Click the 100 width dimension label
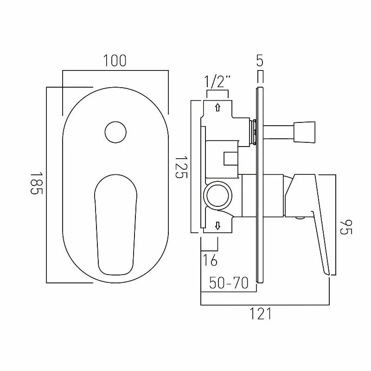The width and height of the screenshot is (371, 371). [x=115, y=61]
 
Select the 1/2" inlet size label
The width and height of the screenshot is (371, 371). [x=217, y=83]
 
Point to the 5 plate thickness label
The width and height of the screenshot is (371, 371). [x=260, y=61]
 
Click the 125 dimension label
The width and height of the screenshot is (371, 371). [x=180, y=167]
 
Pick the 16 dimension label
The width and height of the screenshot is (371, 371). [x=210, y=260]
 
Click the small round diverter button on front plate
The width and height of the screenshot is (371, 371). [x=115, y=132]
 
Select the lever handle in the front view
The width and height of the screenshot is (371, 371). [x=115, y=223]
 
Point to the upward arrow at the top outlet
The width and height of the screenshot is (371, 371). [x=217, y=107]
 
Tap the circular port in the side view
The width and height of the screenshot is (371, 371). [x=217, y=194]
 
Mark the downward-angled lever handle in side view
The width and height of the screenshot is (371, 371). [x=315, y=223]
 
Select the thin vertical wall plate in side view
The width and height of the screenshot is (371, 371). [x=260, y=185]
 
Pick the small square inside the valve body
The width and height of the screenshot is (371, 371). [x=230, y=159]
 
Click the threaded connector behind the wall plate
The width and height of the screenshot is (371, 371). [x=253, y=132]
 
